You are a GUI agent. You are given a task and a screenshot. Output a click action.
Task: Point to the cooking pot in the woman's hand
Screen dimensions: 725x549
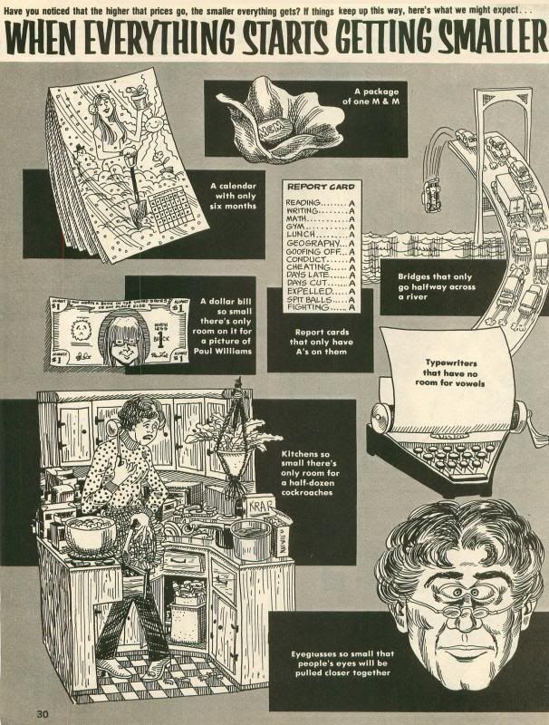pyautogui.click(x=90, y=534)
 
